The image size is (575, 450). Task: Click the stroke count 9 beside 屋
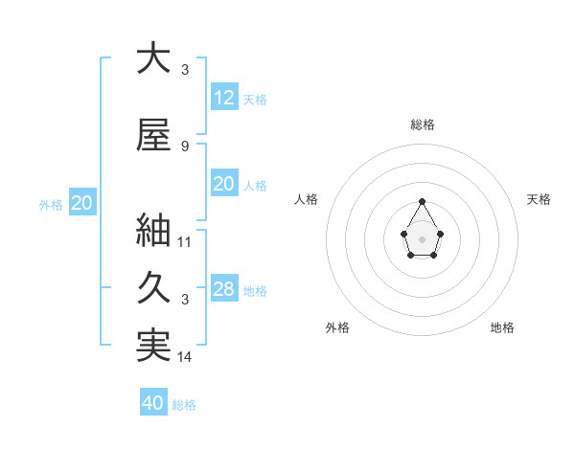(x=185, y=146)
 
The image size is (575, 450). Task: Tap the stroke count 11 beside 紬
(x=185, y=241)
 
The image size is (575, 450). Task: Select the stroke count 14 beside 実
(x=185, y=357)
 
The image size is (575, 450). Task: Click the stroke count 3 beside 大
(x=185, y=70)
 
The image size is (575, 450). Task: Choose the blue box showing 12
(x=224, y=97)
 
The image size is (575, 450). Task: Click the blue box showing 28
(x=224, y=289)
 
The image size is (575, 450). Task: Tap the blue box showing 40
(x=153, y=403)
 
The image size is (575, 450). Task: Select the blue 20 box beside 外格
(x=82, y=202)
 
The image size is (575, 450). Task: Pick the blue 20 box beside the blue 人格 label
(x=224, y=183)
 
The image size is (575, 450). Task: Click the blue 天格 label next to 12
(x=255, y=100)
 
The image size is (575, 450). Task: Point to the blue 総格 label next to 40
(x=184, y=405)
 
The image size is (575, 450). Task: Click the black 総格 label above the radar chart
(x=423, y=124)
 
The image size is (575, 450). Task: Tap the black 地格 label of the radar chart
(x=502, y=327)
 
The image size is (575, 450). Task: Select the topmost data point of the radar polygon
(x=422, y=201)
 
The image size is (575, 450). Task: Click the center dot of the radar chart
(x=422, y=238)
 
